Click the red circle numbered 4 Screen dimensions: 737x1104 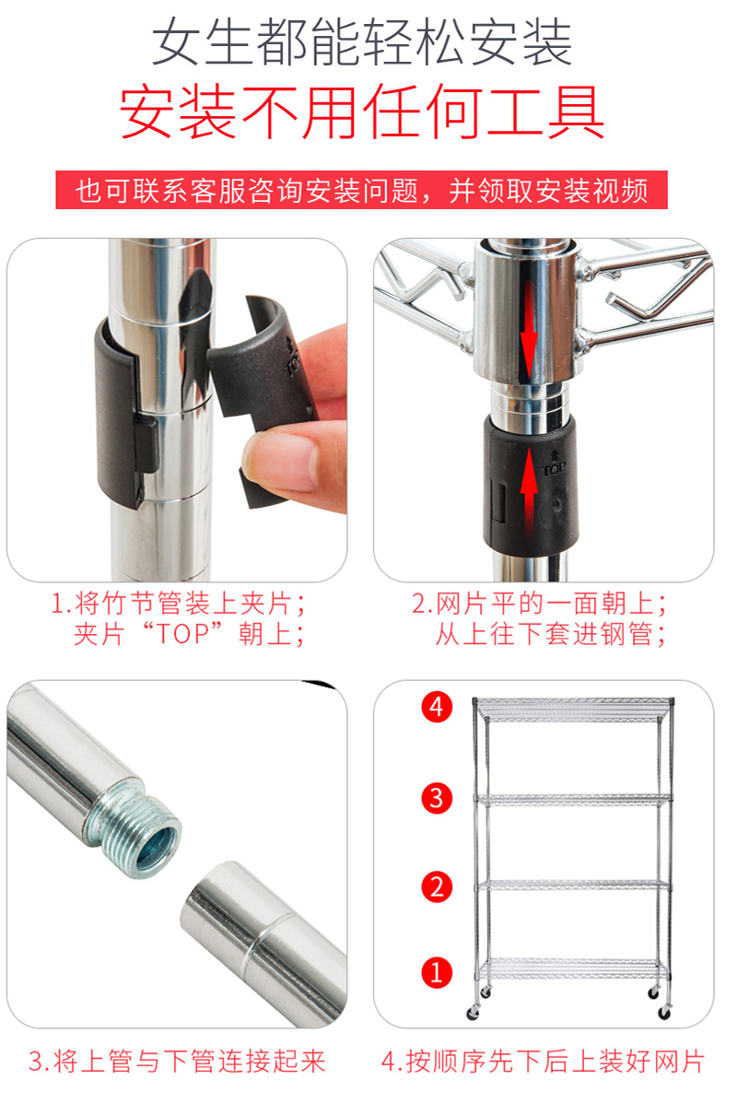(x=437, y=706)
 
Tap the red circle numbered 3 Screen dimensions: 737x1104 (x=437, y=798)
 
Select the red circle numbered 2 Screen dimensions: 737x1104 (x=437, y=887)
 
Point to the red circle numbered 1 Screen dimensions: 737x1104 (x=437, y=972)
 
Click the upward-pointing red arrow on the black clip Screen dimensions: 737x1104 (x=530, y=486)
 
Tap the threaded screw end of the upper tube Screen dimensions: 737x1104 (x=138, y=831)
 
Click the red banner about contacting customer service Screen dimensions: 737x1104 (x=361, y=190)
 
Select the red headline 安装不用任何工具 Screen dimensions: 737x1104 (x=361, y=112)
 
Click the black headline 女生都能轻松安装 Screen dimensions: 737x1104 (x=361, y=43)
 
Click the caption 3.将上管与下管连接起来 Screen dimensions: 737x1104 (x=177, y=1061)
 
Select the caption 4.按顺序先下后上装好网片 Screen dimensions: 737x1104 (x=543, y=1061)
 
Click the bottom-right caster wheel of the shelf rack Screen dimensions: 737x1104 (x=664, y=1013)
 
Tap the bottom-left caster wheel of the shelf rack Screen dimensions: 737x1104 (x=473, y=1013)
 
